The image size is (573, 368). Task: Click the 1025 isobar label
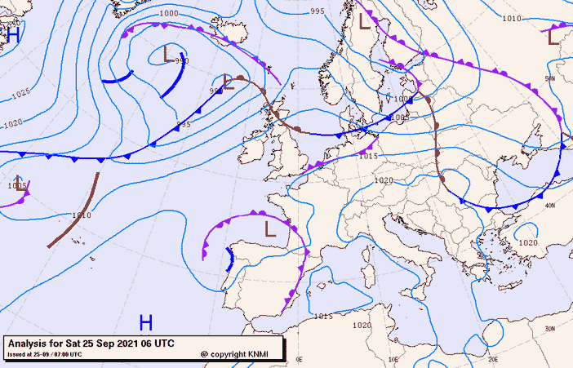(22, 95)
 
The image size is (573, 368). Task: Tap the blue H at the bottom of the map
(146, 322)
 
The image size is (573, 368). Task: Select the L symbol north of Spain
(271, 228)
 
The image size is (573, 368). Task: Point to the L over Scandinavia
(365, 22)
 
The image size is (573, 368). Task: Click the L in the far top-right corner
(554, 37)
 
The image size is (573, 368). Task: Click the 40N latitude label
(550, 206)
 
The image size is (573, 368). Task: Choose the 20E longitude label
(492, 358)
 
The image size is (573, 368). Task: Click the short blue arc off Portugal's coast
(229, 259)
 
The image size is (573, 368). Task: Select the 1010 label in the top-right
(512, 18)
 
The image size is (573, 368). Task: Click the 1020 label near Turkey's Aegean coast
(528, 243)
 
